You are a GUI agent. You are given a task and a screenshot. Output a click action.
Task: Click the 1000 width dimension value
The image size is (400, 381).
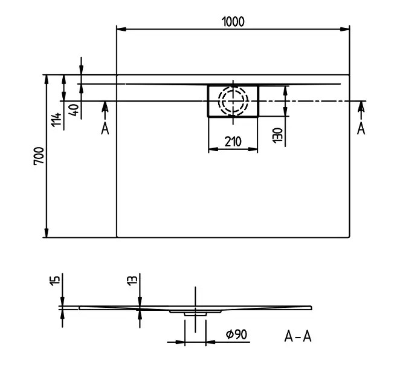click(x=233, y=21)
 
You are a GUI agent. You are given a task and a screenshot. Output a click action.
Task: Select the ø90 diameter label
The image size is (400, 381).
click(x=234, y=334)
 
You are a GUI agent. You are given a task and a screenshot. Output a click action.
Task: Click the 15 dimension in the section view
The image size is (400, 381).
click(x=55, y=281)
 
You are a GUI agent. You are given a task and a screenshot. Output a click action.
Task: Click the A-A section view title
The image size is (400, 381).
click(x=298, y=336)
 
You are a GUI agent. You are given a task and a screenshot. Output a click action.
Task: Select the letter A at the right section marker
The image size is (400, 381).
click(x=361, y=128)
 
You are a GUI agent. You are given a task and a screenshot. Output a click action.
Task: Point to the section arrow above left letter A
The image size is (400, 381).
click(x=105, y=108)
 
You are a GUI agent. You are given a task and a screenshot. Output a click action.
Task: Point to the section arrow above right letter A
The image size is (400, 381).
click(x=361, y=107)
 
